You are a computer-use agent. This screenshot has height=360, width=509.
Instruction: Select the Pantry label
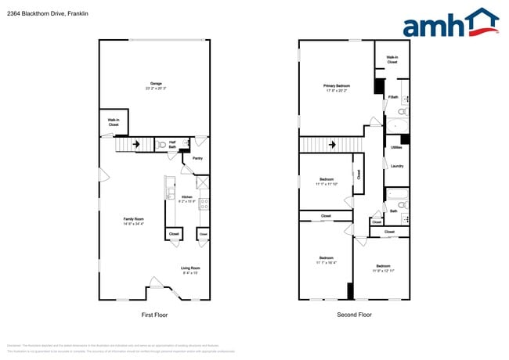pyautogui.click(x=198, y=158)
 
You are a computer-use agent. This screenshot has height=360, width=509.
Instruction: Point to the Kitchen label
pyautogui.click(x=187, y=196)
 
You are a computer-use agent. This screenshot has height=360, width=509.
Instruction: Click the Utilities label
pyautogui.click(x=396, y=146)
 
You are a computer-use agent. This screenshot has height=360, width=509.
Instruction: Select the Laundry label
pyautogui.click(x=396, y=165)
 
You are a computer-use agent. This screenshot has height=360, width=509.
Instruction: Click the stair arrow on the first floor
pyautogui.click(x=136, y=144)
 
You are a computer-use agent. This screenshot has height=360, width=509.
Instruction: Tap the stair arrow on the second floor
pyautogui.click(x=332, y=145)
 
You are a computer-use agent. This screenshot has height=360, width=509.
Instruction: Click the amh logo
pyautogui.click(x=450, y=23)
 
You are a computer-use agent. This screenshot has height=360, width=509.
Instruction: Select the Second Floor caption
pyautogui.click(x=354, y=315)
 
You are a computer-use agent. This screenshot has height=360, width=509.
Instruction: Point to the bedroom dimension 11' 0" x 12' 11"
pyautogui.click(x=383, y=270)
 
